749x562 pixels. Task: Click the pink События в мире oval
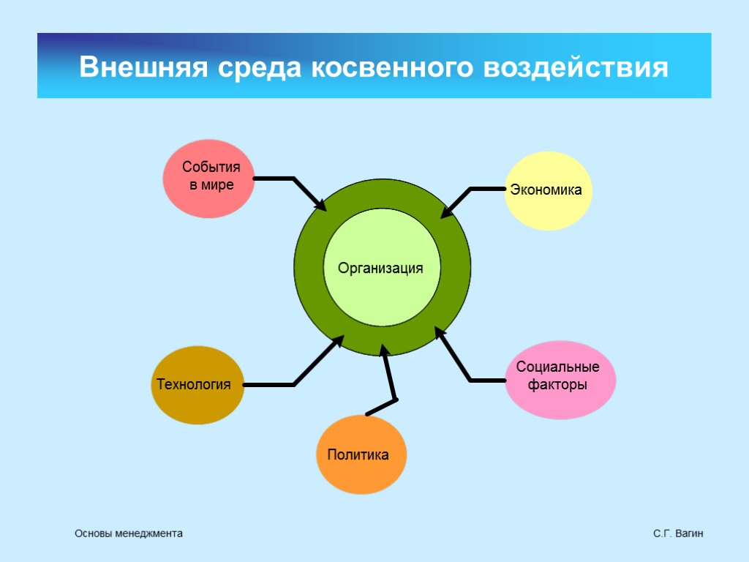point(208,179)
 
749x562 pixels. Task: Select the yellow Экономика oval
point(548,191)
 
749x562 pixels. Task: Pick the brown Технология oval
point(197,385)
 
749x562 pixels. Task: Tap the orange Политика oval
point(361,455)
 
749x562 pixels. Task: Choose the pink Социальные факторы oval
point(560,380)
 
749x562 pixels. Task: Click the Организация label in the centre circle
point(380,269)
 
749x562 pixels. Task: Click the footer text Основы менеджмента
point(129,534)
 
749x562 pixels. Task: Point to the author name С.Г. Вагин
point(678,534)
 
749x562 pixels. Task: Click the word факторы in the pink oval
point(559,385)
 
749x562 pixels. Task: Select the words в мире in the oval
point(211,185)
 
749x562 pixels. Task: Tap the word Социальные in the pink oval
point(558,367)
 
